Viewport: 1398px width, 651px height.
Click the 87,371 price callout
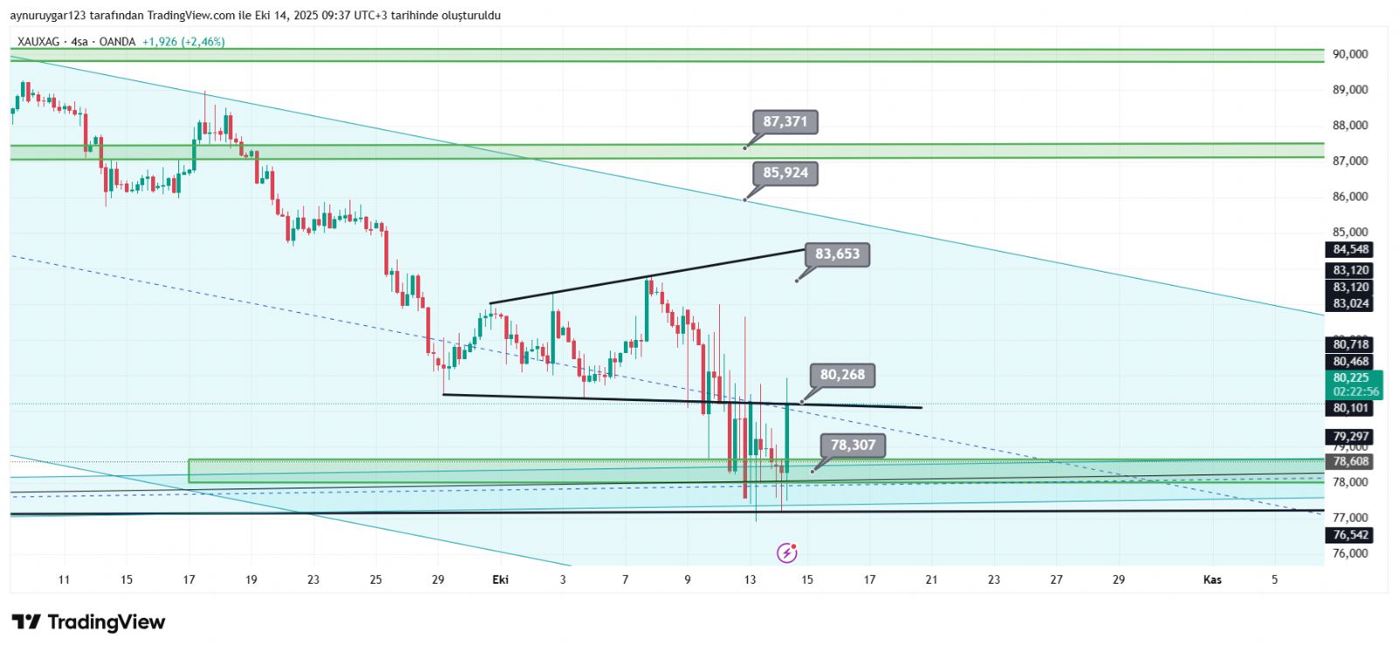click(x=785, y=121)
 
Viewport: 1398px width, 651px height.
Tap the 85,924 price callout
click(x=785, y=173)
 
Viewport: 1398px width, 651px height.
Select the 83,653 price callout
click(x=837, y=254)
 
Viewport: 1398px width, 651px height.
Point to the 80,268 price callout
click(x=841, y=375)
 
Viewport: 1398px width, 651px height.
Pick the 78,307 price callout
click(x=852, y=446)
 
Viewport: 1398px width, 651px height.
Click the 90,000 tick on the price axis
click(x=1350, y=54)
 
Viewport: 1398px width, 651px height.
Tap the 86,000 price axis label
click(x=1350, y=197)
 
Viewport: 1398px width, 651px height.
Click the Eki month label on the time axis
click(x=501, y=579)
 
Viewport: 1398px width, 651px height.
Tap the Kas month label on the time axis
click(x=1212, y=579)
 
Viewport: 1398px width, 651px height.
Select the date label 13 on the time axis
click(x=750, y=579)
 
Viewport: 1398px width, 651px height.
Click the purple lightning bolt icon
click(x=786, y=552)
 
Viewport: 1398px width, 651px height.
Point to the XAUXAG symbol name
click(x=40, y=42)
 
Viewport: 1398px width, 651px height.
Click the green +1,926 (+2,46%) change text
click(x=183, y=42)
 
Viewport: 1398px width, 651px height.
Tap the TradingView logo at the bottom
click(x=88, y=622)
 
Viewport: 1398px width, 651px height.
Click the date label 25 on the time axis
click(x=376, y=579)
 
